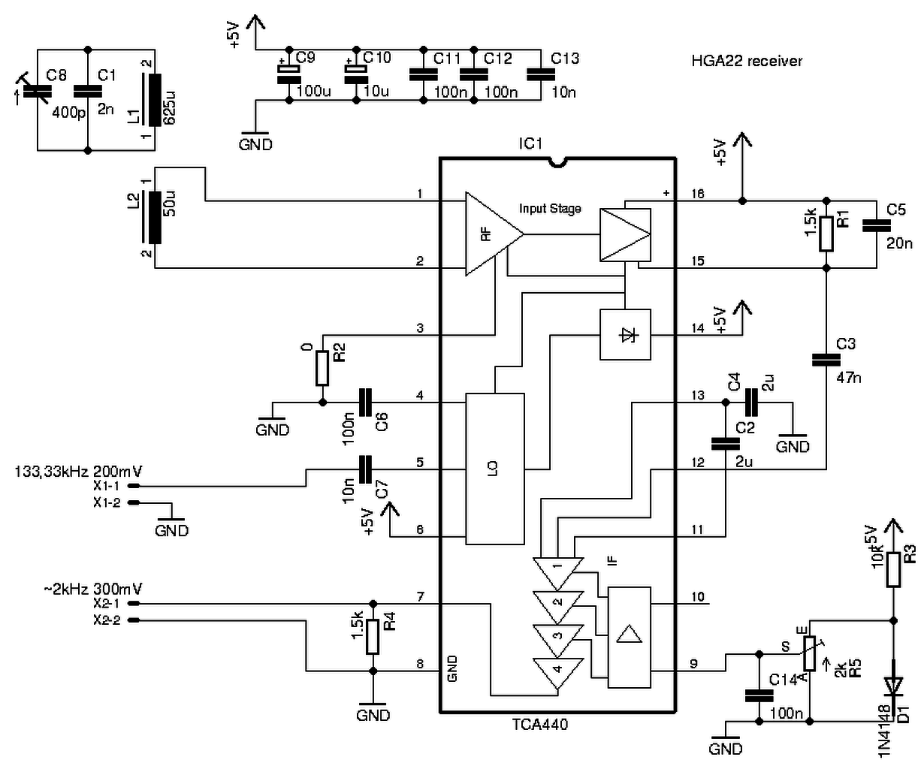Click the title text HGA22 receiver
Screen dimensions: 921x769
(746, 61)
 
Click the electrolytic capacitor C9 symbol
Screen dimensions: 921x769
(289, 74)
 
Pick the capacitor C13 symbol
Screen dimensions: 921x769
(541, 74)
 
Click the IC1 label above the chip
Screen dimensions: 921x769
(530, 143)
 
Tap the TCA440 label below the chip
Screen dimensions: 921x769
(540, 724)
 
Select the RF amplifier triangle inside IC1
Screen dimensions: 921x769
(494, 234)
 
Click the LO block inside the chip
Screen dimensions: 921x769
(495, 469)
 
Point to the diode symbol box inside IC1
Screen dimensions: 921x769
(625, 334)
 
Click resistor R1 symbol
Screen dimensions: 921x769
(826, 234)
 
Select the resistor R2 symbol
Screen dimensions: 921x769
(322, 368)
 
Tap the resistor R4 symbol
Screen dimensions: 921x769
(373, 636)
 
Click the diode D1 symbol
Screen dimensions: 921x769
(893, 686)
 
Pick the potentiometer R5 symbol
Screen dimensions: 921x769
(809, 653)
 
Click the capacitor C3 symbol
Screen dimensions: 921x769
(826, 360)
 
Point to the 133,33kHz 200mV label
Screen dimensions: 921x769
(79, 472)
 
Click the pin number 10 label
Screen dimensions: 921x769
(697, 597)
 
